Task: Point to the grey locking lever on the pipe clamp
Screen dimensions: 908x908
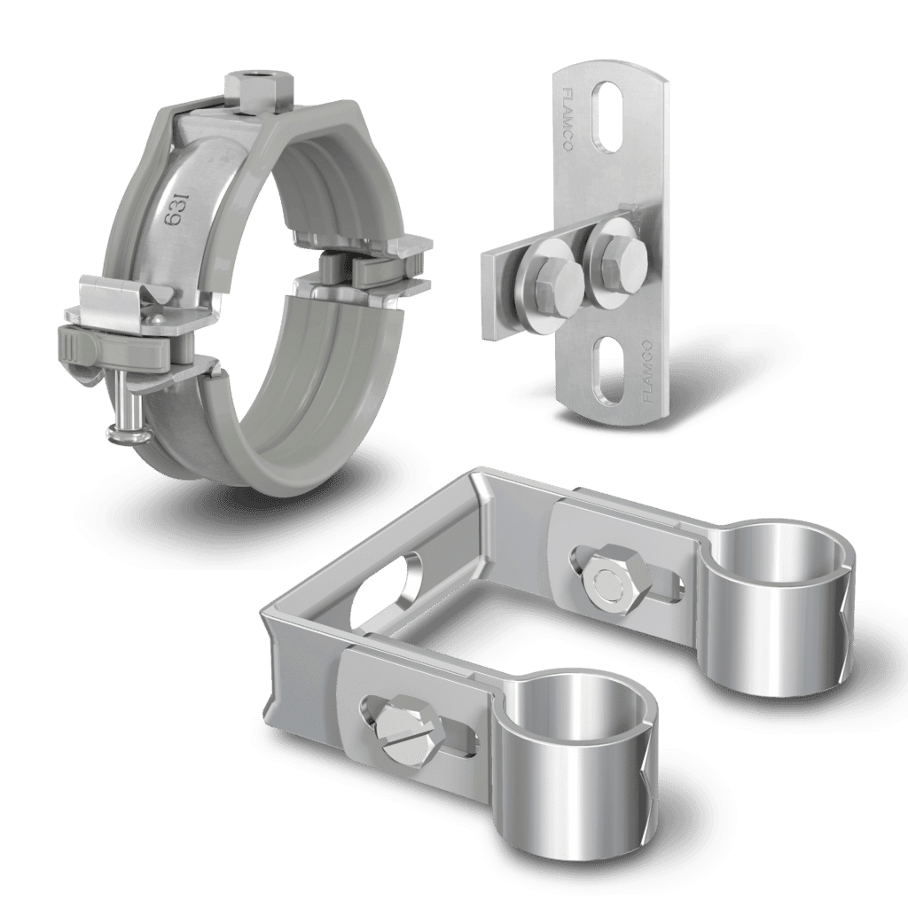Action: pyautogui.click(x=113, y=347)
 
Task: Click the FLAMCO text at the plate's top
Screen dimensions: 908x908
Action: pyautogui.click(x=567, y=118)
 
